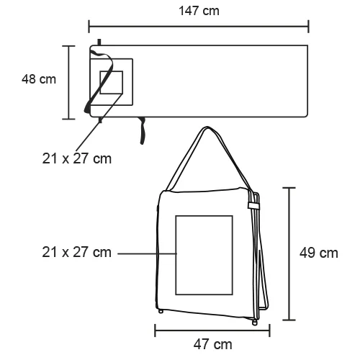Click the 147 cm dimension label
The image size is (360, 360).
[x=199, y=11]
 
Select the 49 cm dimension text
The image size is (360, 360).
[x=318, y=253]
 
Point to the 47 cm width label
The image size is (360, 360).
[x=213, y=345]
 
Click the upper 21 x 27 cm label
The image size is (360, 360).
[x=76, y=158]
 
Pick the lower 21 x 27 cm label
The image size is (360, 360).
[x=76, y=253]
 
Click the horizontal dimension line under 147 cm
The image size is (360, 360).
[x=199, y=27]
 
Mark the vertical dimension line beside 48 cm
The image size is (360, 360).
[x=70, y=81]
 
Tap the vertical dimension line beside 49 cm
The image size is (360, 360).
[x=289, y=253]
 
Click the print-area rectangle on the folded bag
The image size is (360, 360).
[x=204, y=256]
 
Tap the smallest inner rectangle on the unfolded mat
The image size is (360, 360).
[x=111, y=83]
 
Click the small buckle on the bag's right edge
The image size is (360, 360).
[x=253, y=206]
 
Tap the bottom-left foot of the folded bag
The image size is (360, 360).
[x=161, y=312]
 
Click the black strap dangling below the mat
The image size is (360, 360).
[x=143, y=130]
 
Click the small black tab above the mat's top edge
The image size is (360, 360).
[x=100, y=42]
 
